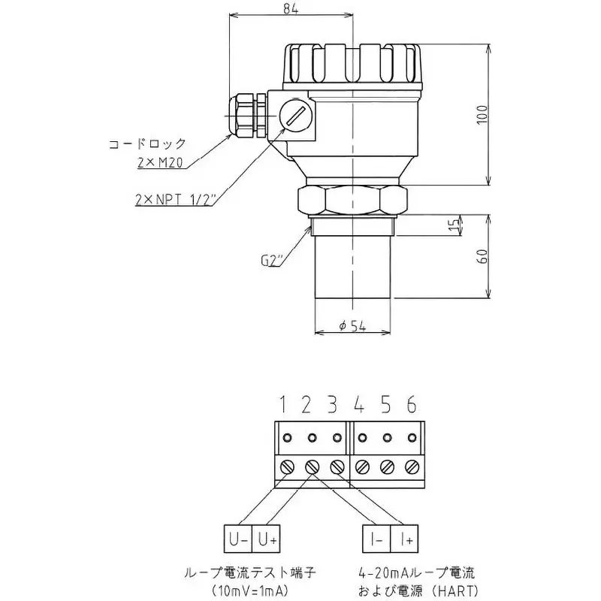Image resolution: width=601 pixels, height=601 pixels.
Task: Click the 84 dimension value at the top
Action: (291, 9)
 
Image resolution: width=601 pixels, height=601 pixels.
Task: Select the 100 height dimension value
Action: (482, 114)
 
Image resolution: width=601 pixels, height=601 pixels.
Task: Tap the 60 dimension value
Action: (483, 256)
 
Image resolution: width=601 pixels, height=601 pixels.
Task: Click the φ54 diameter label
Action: (352, 326)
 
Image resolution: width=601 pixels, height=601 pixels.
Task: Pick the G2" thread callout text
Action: (271, 261)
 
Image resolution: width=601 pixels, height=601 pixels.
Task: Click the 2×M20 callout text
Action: (160, 163)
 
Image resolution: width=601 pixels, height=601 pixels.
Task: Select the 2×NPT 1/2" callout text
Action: (176, 199)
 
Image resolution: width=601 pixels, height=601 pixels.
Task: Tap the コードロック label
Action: (147, 144)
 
